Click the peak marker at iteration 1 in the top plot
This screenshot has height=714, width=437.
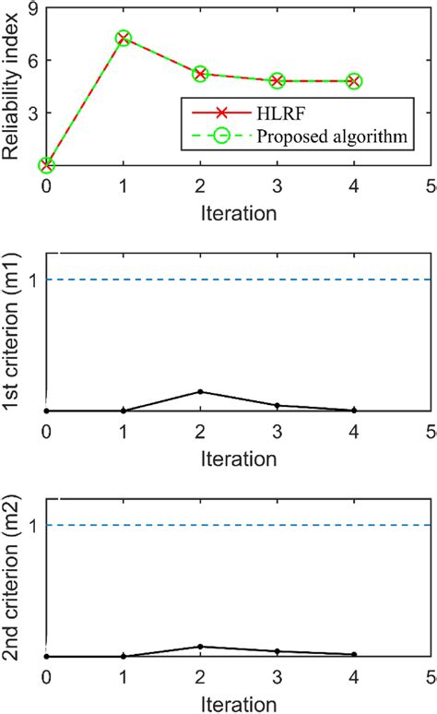tap(124, 39)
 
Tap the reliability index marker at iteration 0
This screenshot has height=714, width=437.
tap(47, 165)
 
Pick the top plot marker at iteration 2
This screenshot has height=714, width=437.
tap(200, 73)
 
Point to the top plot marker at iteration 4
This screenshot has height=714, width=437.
tap(354, 81)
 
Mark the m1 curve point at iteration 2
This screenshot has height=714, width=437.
tap(200, 391)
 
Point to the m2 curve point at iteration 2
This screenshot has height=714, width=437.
tap(200, 646)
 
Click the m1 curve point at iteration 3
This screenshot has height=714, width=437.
tap(278, 405)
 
